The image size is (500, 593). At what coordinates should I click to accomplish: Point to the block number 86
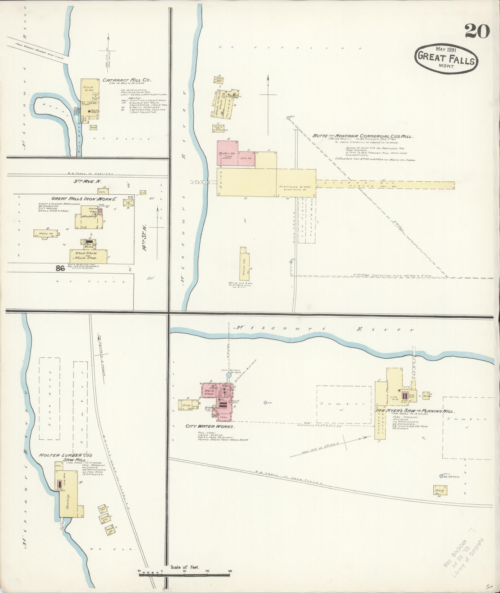[60, 269]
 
